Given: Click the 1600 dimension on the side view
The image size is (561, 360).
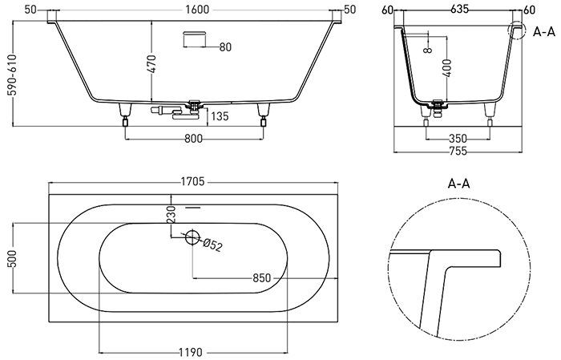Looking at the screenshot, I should click(x=196, y=9).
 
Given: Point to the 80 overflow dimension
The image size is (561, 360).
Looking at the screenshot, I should click(x=225, y=47).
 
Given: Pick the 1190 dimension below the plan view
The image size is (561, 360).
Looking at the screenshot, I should click(x=192, y=351).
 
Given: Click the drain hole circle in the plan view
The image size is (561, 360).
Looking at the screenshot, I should click(x=192, y=237).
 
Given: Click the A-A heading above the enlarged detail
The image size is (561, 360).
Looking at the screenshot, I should click(x=458, y=184).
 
